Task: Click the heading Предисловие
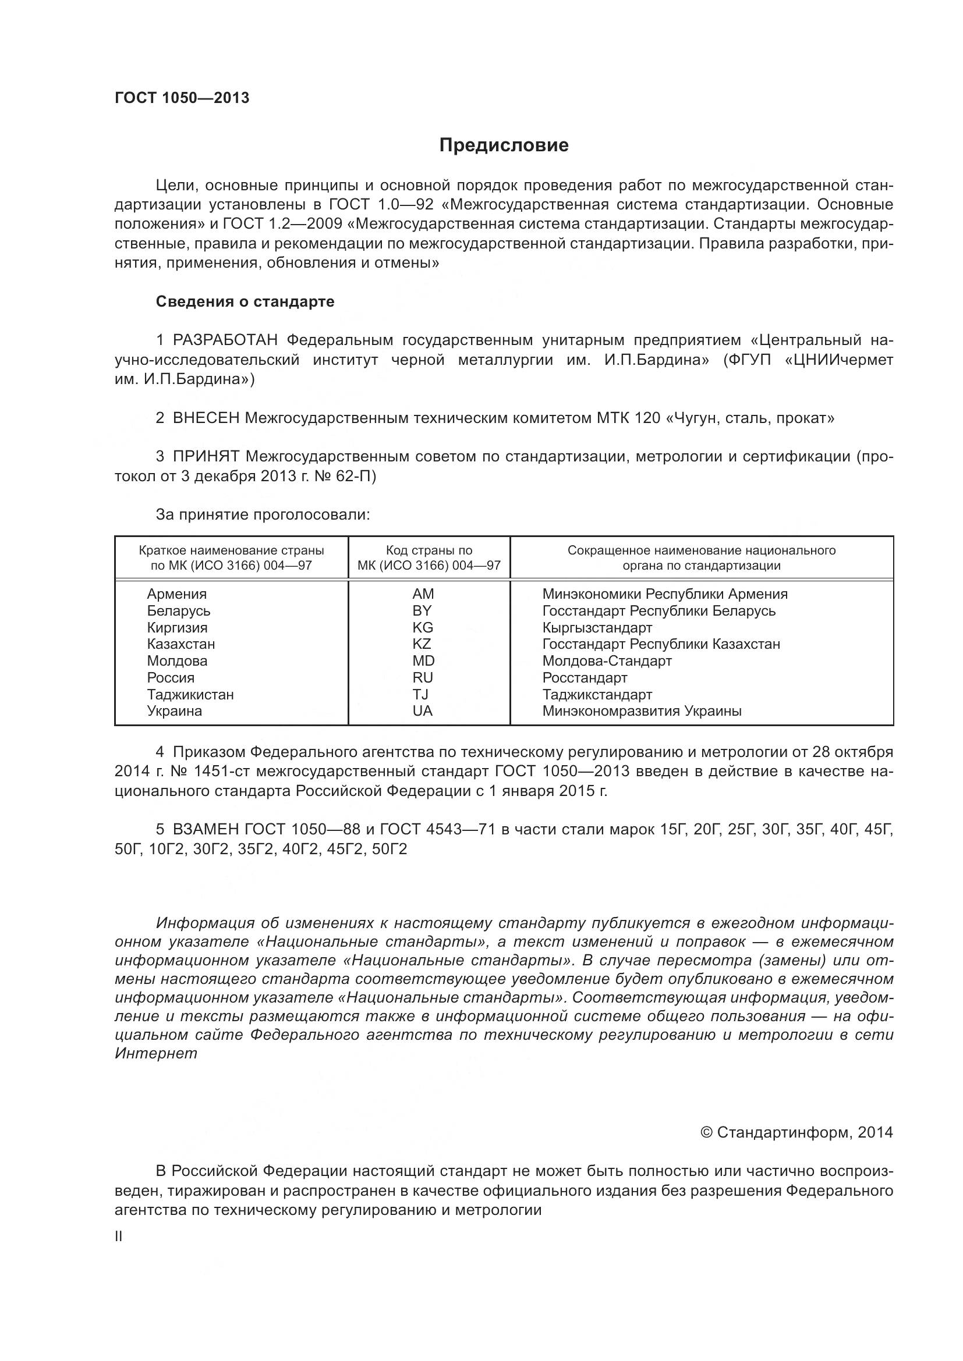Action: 504,145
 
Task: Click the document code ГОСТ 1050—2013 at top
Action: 182,98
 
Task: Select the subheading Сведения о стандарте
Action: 245,302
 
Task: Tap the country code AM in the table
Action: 423,594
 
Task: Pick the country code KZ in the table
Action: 422,644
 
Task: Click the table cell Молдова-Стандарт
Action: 607,661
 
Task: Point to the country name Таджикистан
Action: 190,694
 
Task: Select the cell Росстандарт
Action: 585,677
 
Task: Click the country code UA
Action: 422,710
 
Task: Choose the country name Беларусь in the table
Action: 179,610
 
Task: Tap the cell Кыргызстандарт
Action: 597,628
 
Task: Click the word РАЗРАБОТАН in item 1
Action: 225,340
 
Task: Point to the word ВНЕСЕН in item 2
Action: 206,418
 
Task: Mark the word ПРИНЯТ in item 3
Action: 206,456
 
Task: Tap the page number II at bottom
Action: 119,1236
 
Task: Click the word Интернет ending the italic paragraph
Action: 155,1053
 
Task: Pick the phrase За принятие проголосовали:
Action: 263,514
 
